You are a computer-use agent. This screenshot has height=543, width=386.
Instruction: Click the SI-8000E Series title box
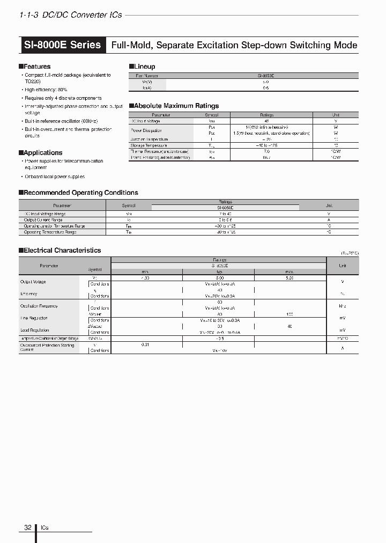(63, 45)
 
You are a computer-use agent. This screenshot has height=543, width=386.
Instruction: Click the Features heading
(36, 67)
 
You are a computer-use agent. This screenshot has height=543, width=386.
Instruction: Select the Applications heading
(42, 153)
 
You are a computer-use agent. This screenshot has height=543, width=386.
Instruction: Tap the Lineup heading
(144, 67)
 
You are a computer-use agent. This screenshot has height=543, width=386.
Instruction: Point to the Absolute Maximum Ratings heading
(175, 106)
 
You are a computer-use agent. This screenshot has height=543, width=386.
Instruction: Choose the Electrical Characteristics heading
(62, 250)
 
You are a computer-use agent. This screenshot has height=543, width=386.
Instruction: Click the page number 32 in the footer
(28, 527)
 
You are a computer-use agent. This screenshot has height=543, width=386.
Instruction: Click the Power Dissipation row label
(146, 130)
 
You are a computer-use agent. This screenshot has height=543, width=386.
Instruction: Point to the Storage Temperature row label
(149, 145)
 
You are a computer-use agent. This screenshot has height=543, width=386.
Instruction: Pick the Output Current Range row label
(43, 220)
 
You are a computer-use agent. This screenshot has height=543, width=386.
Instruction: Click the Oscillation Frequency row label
(39, 306)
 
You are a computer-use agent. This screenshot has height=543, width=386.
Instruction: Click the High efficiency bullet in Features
(46, 90)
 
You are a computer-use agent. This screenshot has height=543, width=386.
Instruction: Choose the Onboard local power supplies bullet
(55, 177)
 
